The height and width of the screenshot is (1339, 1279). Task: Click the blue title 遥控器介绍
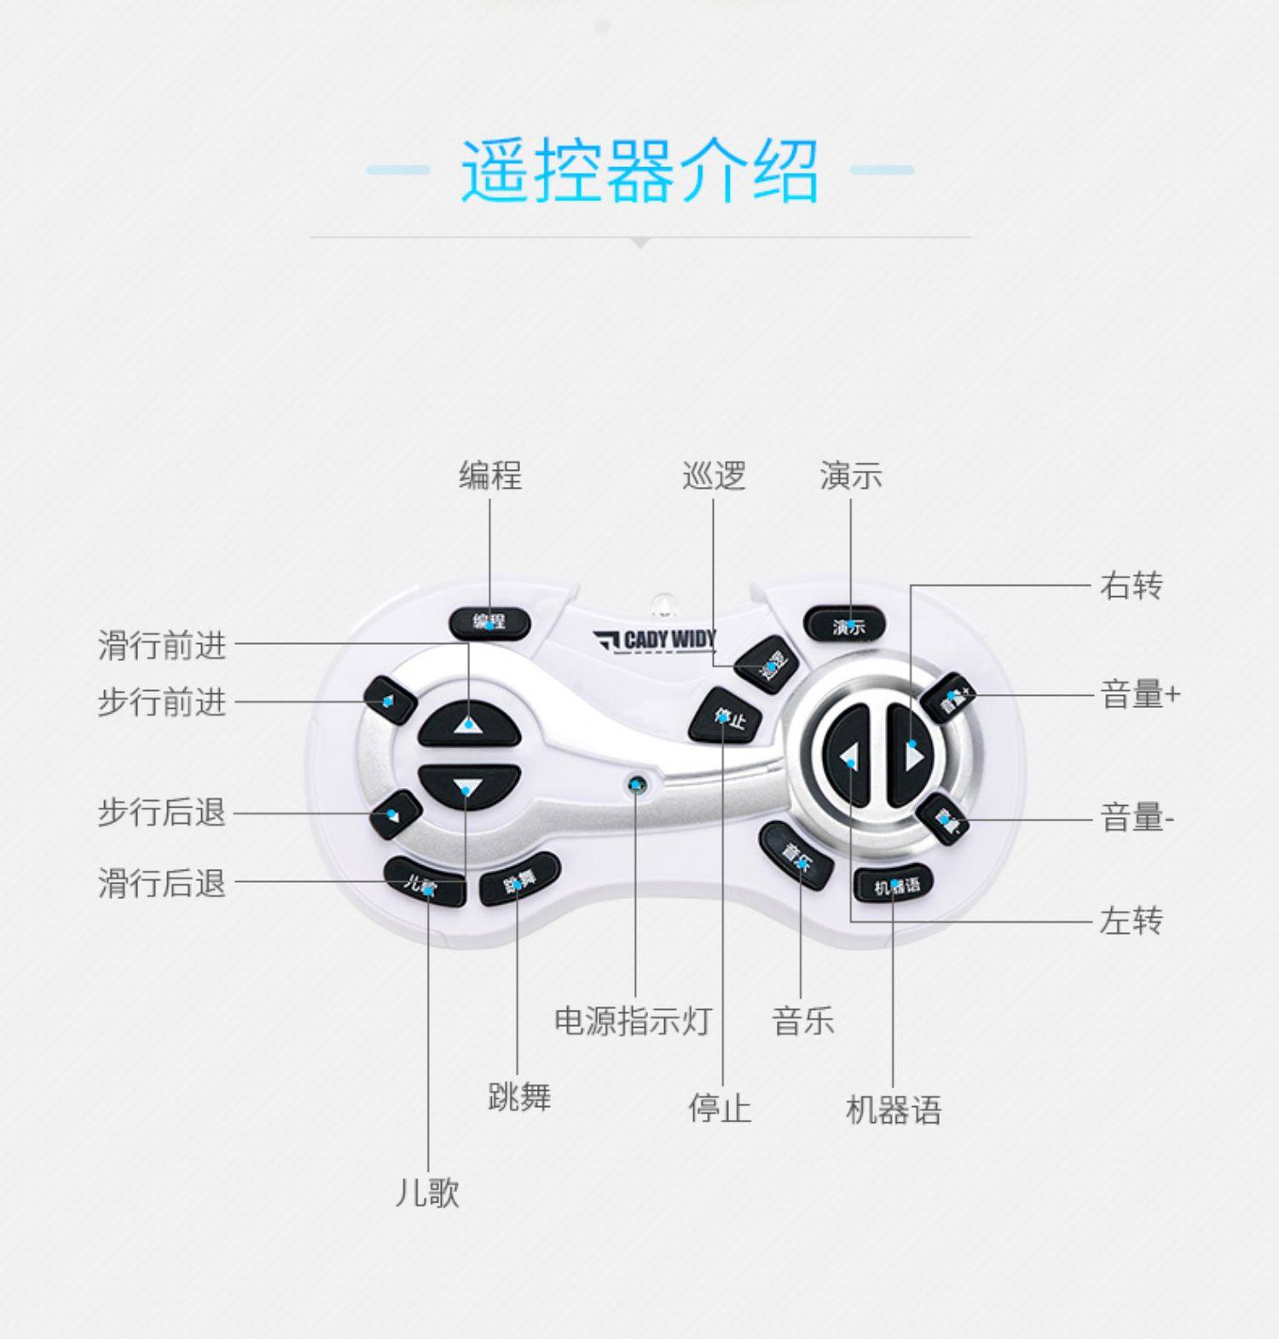tap(639, 171)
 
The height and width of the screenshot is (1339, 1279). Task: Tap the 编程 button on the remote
tap(489, 623)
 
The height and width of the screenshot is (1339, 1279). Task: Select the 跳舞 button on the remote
tap(519, 879)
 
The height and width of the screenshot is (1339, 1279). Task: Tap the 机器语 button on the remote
tap(894, 885)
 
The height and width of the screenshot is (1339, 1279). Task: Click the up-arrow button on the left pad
tap(468, 724)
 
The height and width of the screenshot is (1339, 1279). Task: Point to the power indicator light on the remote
tap(636, 784)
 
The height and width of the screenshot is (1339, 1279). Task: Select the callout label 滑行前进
tap(162, 646)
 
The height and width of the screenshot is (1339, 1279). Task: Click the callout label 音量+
tap(1140, 695)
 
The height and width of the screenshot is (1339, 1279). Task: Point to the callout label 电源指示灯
tap(633, 1020)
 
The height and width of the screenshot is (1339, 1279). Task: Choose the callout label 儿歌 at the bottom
tap(427, 1192)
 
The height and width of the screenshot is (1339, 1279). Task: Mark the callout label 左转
tap(1131, 921)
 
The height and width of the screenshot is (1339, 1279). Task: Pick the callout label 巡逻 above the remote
tap(714, 476)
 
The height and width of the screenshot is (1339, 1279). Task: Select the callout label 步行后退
tap(162, 813)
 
